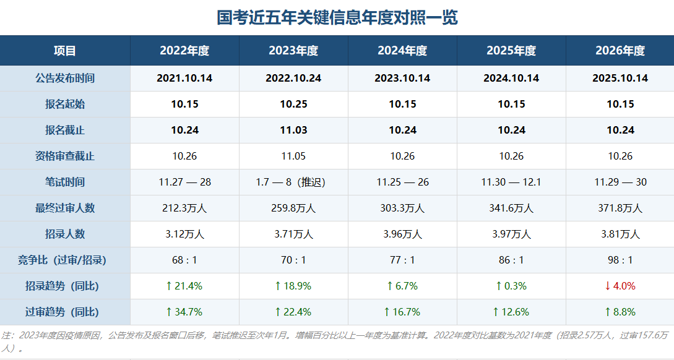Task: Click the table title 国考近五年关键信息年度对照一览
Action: click(337, 17)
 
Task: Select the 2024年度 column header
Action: click(402, 51)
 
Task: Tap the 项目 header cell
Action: click(65, 51)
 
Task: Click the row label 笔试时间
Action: click(65, 182)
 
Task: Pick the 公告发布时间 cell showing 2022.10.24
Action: click(293, 78)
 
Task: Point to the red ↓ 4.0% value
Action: click(620, 286)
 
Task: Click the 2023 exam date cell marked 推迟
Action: click(290, 182)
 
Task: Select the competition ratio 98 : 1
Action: click(620, 260)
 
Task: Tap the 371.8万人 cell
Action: click(620, 208)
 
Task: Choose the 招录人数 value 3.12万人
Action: click(185, 234)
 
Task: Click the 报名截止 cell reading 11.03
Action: click(293, 130)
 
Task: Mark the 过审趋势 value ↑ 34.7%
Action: click(184, 312)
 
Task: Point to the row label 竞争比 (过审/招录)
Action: click(62, 260)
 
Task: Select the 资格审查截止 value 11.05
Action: click(293, 156)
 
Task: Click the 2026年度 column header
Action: click(620, 51)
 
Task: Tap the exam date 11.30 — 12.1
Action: click(511, 182)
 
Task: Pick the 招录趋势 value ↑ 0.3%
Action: click(511, 286)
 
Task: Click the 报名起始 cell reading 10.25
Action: click(293, 104)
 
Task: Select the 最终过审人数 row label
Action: click(65, 208)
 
